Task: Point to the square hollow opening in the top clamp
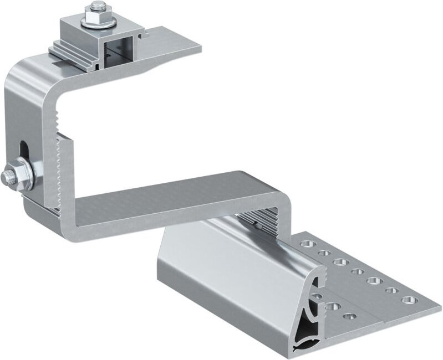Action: [x=118, y=50]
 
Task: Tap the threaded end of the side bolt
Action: [x=8, y=177]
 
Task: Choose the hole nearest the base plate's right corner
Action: [x=410, y=300]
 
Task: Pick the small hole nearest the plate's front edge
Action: [x=349, y=316]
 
